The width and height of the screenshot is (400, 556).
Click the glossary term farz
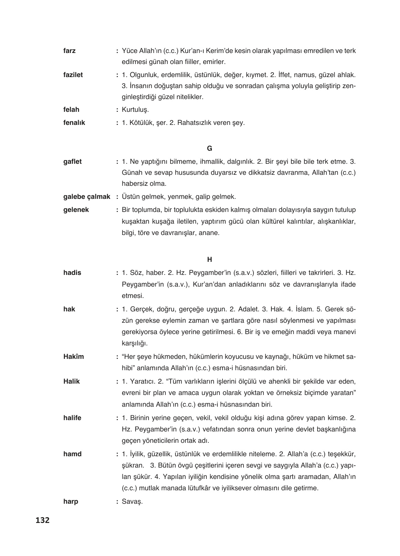(69, 51)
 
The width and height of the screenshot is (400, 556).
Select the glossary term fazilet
(73, 75)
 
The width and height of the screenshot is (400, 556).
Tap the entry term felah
(71, 110)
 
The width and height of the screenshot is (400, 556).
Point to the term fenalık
(74, 122)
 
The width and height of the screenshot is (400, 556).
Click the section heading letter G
(210, 149)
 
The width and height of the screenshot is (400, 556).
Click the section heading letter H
(210, 260)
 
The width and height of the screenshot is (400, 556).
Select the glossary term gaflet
(73, 162)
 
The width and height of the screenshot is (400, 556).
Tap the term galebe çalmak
(87, 197)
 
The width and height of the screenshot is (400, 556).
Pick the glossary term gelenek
(76, 210)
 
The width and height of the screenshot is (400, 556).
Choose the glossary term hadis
(72, 273)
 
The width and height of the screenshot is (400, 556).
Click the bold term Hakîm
(74, 357)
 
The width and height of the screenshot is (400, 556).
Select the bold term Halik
(72, 382)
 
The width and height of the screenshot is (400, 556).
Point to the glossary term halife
(73, 418)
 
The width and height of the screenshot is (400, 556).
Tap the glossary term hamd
(73, 454)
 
